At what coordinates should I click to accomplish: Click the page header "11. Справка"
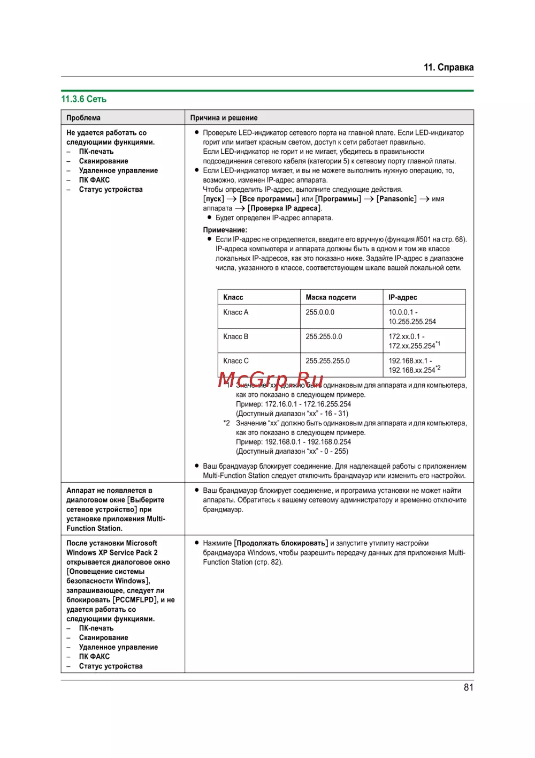pyautogui.click(x=448, y=67)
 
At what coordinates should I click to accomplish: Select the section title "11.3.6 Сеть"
pyautogui.click(x=83, y=99)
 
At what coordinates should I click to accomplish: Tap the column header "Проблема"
pyautogui.click(x=83, y=118)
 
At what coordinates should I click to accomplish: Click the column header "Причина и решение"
pyautogui.click(x=224, y=118)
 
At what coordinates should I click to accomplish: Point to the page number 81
pyautogui.click(x=468, y=687)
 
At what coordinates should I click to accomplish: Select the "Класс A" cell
pyautogui.click(x=236, y=312)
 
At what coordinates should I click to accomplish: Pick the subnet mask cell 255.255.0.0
pyautogui.click(x=324, y=336)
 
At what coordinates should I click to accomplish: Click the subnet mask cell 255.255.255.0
pyautogui.click(x=327, y=361)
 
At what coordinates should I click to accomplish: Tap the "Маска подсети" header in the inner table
pyautogui.click(x=331, y=297)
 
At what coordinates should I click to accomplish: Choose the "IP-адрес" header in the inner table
pyautogui.click(x=403, y=297)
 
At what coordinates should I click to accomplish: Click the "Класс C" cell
pyautogui.click(x=236, y=361)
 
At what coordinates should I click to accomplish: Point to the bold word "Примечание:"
pyautogui.click(x=225, y=230)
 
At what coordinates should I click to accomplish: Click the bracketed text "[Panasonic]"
pyautogui.click(x=396, y=199)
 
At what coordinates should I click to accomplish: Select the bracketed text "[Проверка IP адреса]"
pyautogui.click(x=284, y=208)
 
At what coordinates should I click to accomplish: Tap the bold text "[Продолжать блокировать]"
pyautogui.click(x=281, y=543)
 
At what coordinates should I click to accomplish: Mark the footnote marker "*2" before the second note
pyautogui.click(x=227, y=423)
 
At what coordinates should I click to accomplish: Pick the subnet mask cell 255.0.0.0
pyautogui.click(x=320, y=312)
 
